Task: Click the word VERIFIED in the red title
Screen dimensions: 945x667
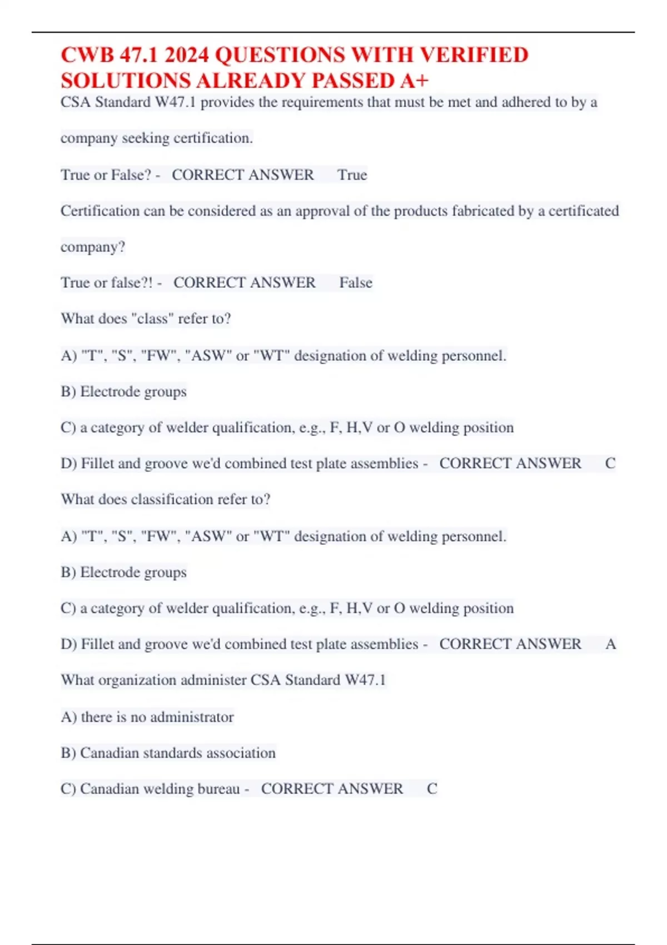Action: (474, 55)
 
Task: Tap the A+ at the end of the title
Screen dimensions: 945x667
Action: (414, 81)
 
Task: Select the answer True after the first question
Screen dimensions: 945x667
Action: (352, 175)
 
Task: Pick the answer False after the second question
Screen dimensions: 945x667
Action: (356, 282)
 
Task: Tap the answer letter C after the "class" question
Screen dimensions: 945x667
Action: (610, 463)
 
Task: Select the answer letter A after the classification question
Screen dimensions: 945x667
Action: (610, 644)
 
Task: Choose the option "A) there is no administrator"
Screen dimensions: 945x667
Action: (147, 717)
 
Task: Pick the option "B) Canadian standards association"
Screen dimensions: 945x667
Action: (168, 753)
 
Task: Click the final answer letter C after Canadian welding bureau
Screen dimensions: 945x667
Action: (432, 788)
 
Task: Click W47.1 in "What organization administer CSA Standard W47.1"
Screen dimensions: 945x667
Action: (365, 680)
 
